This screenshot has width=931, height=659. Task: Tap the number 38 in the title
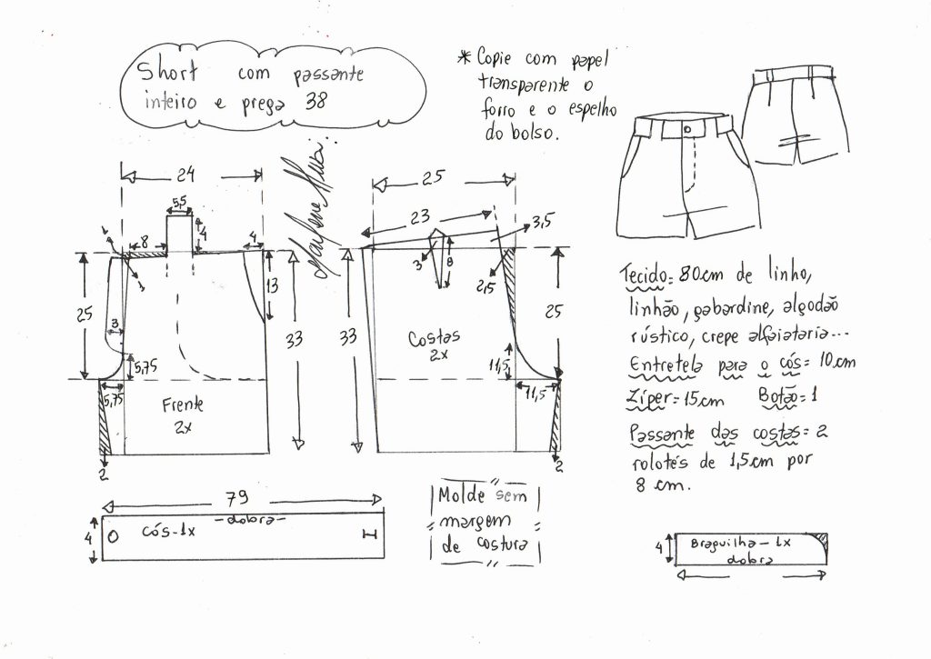pyautogui.click(x=316, y=103)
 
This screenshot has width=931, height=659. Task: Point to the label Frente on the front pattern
pyautogui.click(x=183, y=404)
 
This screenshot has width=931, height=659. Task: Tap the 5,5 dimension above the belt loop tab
pyautogui.click(x=179, y=202)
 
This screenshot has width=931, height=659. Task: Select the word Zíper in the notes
pyautogui.click(x=650, y=398)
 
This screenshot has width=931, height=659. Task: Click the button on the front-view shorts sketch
pyautogui.click(x=685, y=130)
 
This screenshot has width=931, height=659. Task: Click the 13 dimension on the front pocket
pyautogui.click(x=274, y=285)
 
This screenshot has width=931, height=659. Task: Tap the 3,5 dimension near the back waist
pyautogui.click(x=543, y=220)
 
